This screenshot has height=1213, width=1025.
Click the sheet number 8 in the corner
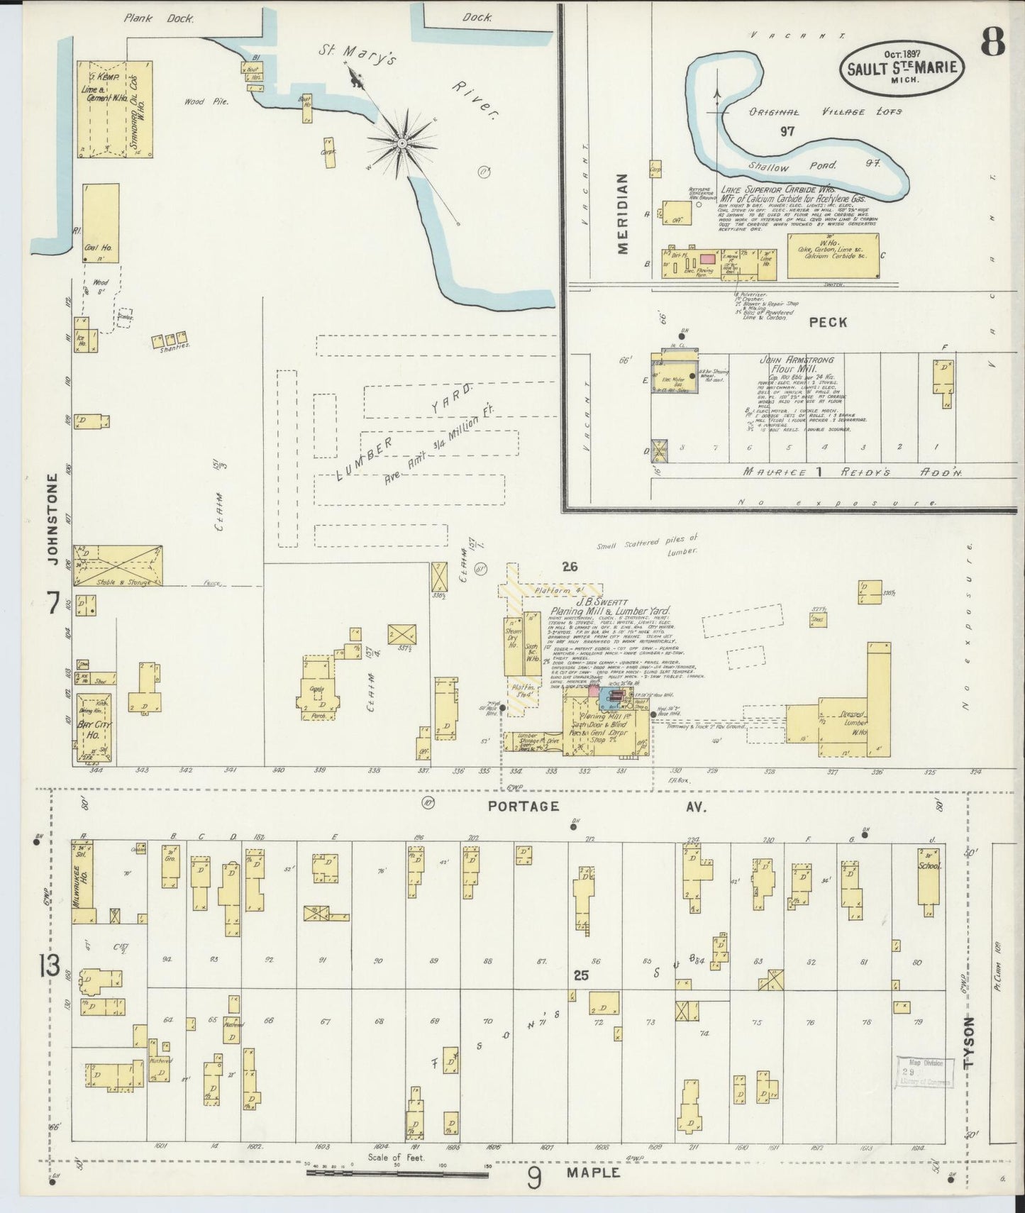992,44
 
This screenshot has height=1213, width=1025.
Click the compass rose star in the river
401,143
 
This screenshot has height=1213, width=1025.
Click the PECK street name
828,322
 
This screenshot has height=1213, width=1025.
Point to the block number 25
581,975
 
